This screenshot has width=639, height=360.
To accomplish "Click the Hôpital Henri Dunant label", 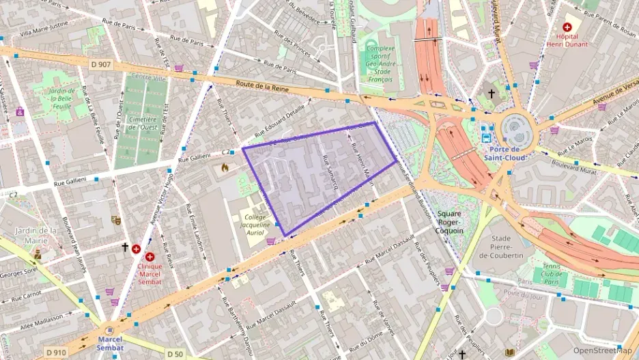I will (566, 40).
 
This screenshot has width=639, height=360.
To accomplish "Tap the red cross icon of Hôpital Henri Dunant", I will (567, 26).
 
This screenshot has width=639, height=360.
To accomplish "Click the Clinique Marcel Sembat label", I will (150, 271).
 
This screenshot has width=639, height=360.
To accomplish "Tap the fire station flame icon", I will (225, 167).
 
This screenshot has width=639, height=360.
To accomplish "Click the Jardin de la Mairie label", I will (35, 235).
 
